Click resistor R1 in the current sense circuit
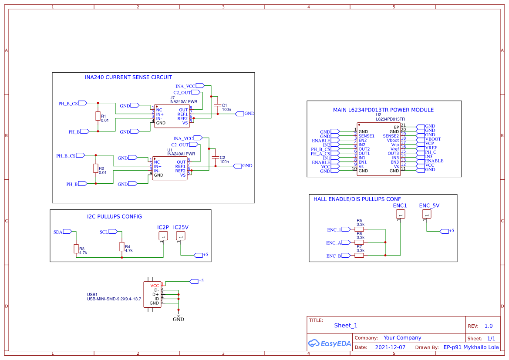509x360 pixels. (x=98, y=116)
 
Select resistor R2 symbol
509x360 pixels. (x=95, y=168)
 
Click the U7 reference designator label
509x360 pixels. (x=172, y=98)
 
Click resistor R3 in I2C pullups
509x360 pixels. (x=76, y=249)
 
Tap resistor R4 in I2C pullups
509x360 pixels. (x=121, y=246)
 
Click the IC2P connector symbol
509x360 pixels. (x=163, y=236)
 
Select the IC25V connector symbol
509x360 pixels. (x=181, y=236)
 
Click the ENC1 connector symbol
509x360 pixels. (x=400, y=214)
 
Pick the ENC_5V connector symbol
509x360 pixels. (x=427, y=214)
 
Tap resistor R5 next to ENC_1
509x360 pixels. (x=359, y=229)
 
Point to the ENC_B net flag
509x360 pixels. (x=346, y=256)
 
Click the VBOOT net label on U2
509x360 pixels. (x=433, y=139)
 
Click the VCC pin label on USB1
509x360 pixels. (x=155, y=286)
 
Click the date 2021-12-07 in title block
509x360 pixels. (x=390, y=347)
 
